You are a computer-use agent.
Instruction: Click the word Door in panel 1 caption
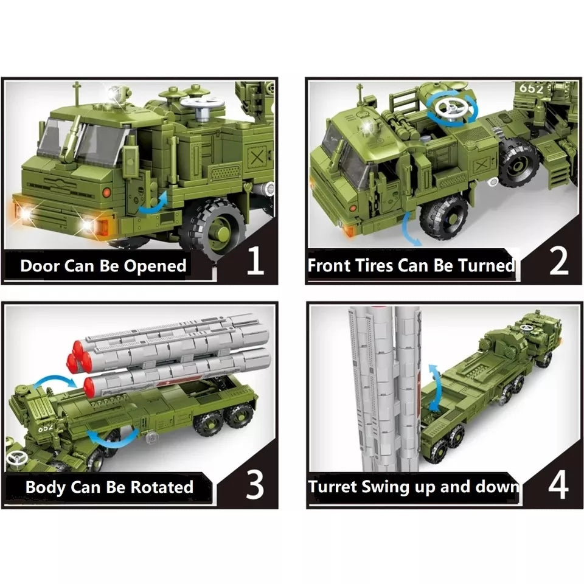click(40, 266)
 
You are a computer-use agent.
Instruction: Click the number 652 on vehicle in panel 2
click(530, 88)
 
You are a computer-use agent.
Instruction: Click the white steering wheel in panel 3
click(16, 458)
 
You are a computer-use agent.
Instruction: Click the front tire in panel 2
click(443, 217)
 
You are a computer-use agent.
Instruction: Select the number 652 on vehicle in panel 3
click(46, 428)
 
